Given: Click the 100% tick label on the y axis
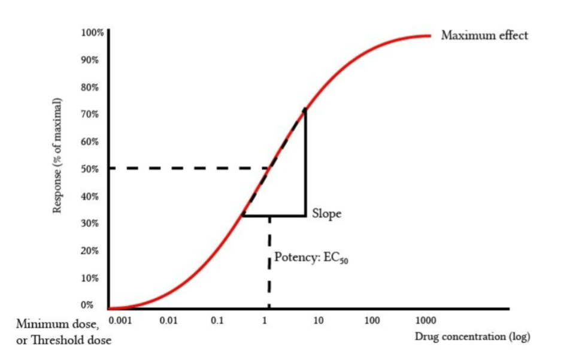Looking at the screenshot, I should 93,32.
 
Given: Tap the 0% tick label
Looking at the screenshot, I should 87,305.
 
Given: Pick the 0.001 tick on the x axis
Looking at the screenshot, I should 120,320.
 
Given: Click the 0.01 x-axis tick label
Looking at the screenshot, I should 168,320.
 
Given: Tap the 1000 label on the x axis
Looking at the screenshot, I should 426,320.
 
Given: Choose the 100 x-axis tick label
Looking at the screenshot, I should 372,320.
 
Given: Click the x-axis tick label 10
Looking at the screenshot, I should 319,320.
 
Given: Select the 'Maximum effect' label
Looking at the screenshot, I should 484,35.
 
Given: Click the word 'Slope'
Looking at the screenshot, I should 327,214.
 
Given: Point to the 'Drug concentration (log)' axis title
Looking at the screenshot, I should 472,337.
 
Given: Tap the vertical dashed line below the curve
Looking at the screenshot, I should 269,264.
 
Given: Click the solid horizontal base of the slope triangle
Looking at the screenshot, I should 274,216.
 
